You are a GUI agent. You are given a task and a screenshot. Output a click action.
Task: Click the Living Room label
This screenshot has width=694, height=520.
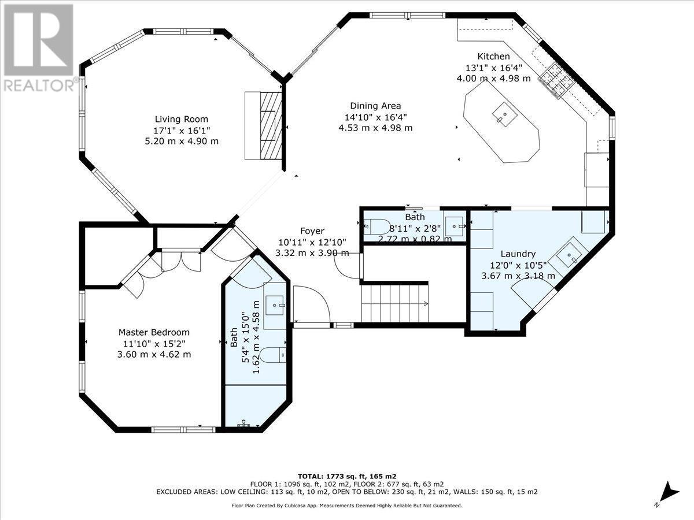tap(182, 119)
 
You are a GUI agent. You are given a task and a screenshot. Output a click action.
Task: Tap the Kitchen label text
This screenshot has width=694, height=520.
tap(493, 56)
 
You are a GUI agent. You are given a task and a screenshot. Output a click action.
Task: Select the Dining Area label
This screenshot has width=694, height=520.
tap(375, 106)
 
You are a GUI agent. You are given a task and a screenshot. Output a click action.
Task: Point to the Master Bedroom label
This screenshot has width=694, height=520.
tap(154, 332)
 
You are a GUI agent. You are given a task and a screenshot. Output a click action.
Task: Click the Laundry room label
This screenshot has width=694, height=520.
tap(518, 254)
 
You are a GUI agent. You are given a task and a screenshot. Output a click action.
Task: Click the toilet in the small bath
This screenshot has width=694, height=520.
tap(379, 226)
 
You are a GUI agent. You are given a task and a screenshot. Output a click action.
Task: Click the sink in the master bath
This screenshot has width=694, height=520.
tap(275, 302)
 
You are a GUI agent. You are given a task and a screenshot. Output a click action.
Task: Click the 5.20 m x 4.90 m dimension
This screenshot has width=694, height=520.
tap(182, 141)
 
